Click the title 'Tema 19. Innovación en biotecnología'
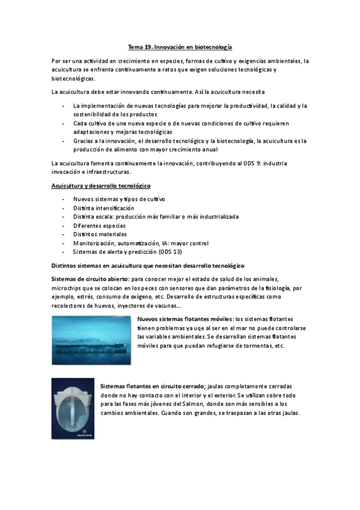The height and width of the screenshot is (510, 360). click(x=180, y=46)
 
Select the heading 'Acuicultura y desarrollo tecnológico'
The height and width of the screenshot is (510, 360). click(x=101, y=186)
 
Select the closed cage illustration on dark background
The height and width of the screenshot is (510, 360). click(x=73, y=408)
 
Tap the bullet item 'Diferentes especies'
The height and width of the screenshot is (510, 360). click(x=100, y=226)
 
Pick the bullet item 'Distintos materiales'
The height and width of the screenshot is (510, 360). click(x=100, y=235)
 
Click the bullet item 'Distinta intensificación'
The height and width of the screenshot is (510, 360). click(x=104, y=207)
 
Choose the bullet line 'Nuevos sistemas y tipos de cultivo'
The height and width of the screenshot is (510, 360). click(x=119, y=199)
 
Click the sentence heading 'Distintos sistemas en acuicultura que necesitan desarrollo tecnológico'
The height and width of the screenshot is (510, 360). click(x=148, y=265)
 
